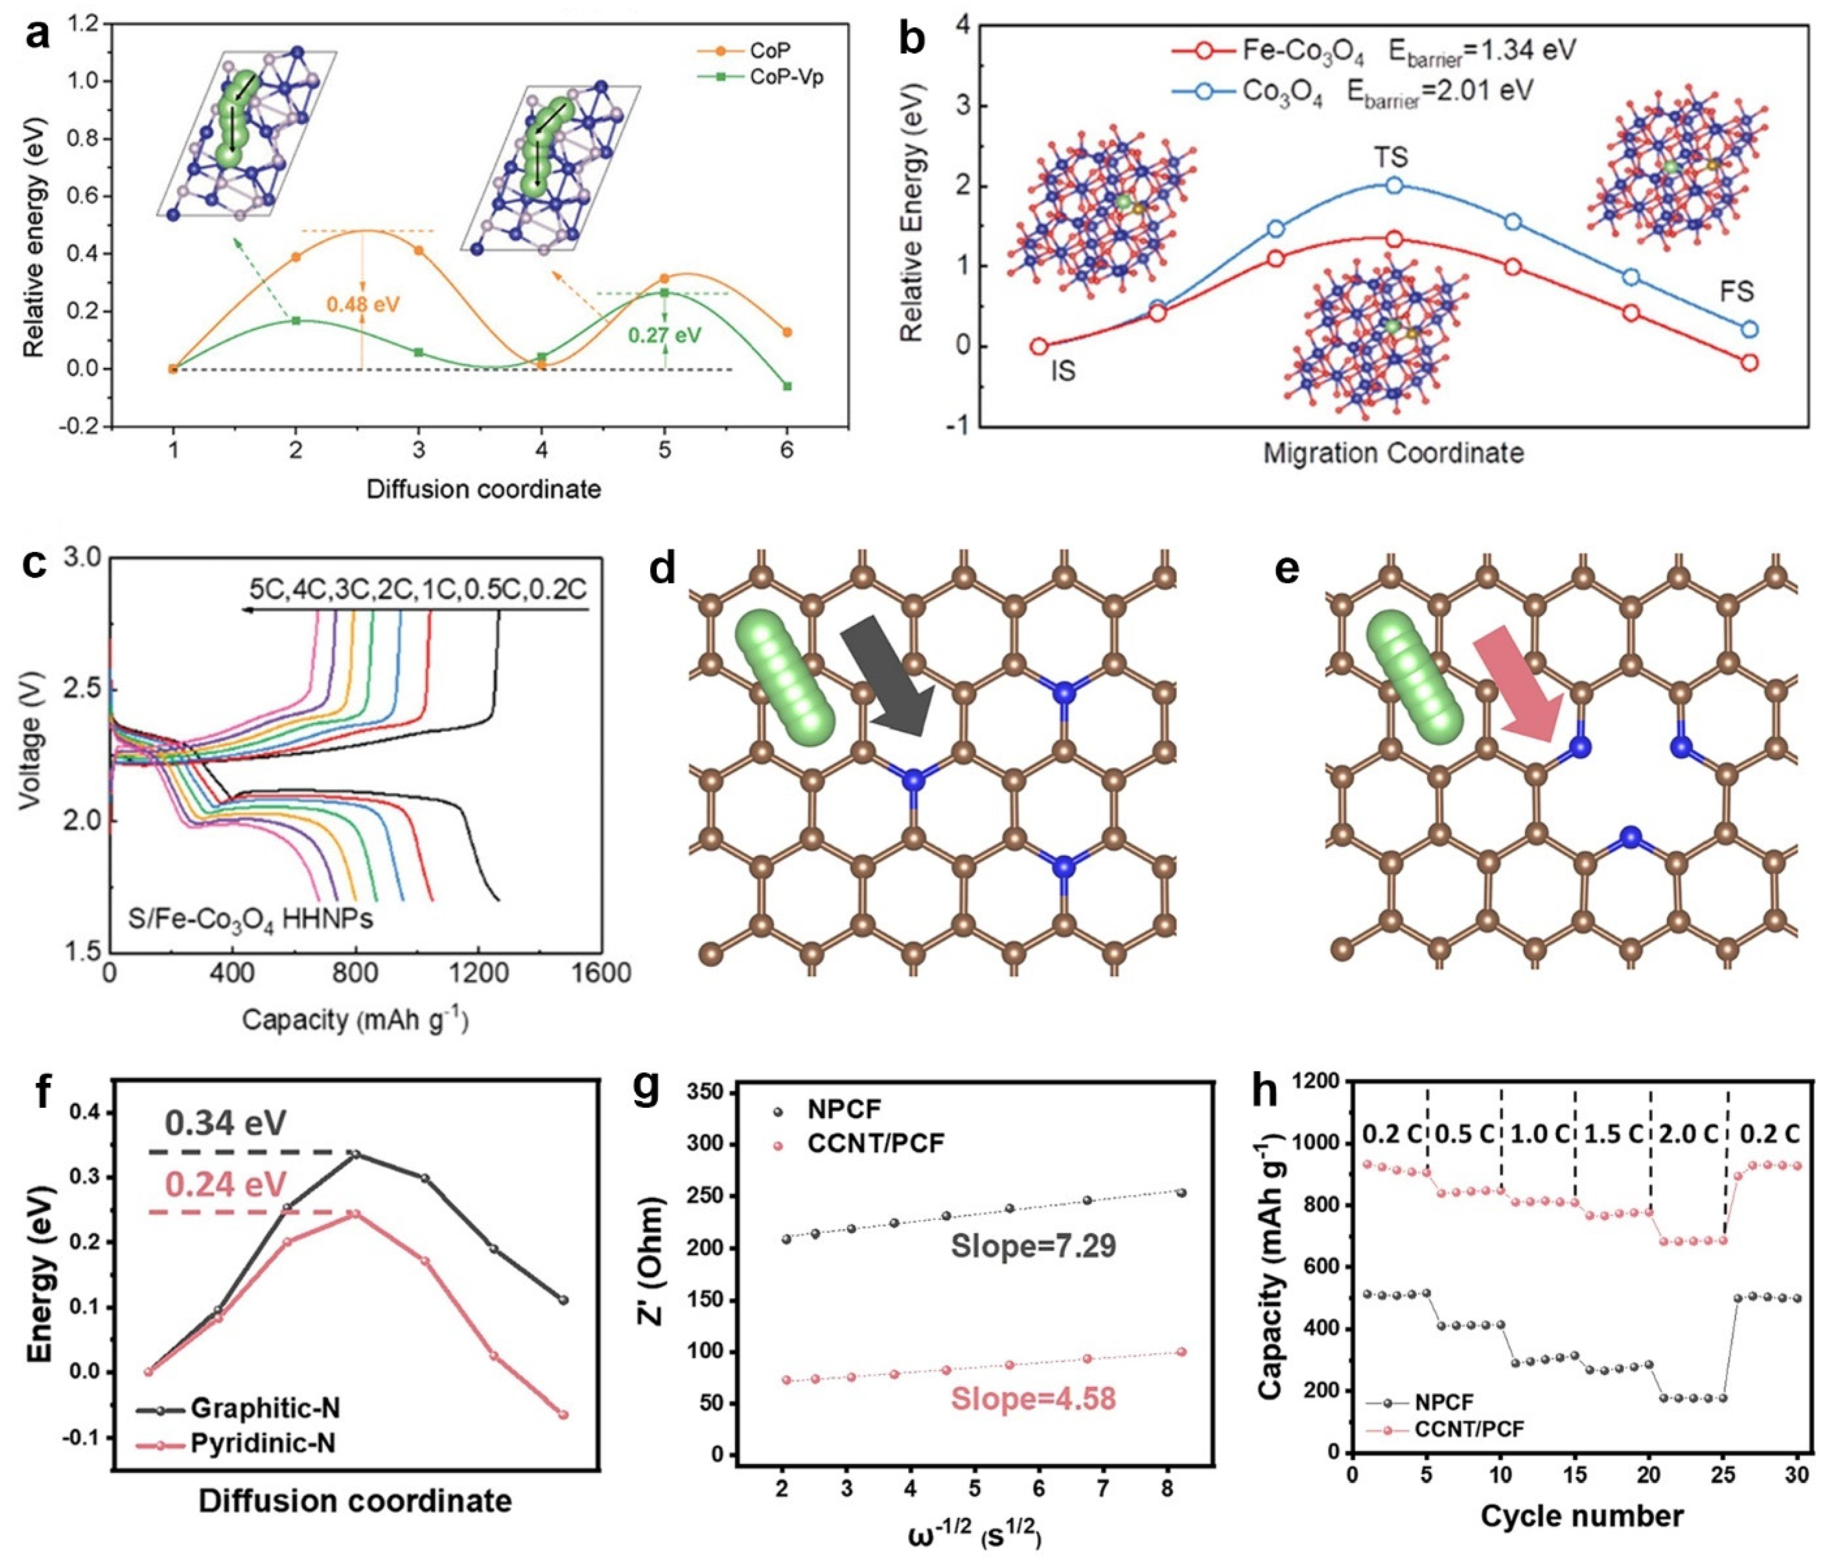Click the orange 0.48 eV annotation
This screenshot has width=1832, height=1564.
[362, 305]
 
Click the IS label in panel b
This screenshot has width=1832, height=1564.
[1064, 371]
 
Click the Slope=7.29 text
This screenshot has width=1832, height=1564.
[1033, 1247]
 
